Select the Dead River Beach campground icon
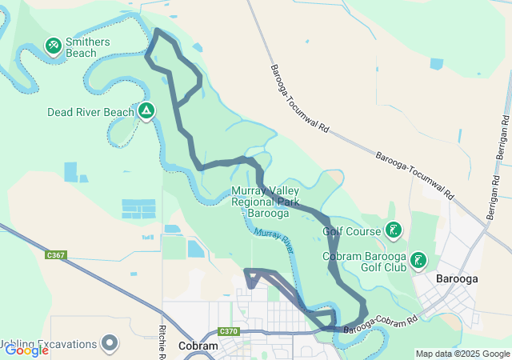(x=146, y=111)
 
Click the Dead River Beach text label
(x=90, y=112)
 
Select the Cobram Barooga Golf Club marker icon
(x=418, y=261)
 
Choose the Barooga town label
(x=458, y=279)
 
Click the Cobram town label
(x=198, y=346)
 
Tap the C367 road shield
(x=56, y=255)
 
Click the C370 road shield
(x=229, y=331)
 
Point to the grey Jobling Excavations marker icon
(x=110, y=344)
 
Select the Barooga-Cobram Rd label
(x=381, y=324)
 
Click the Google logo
(x=26, y=350)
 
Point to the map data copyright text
(x=462, y=354)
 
